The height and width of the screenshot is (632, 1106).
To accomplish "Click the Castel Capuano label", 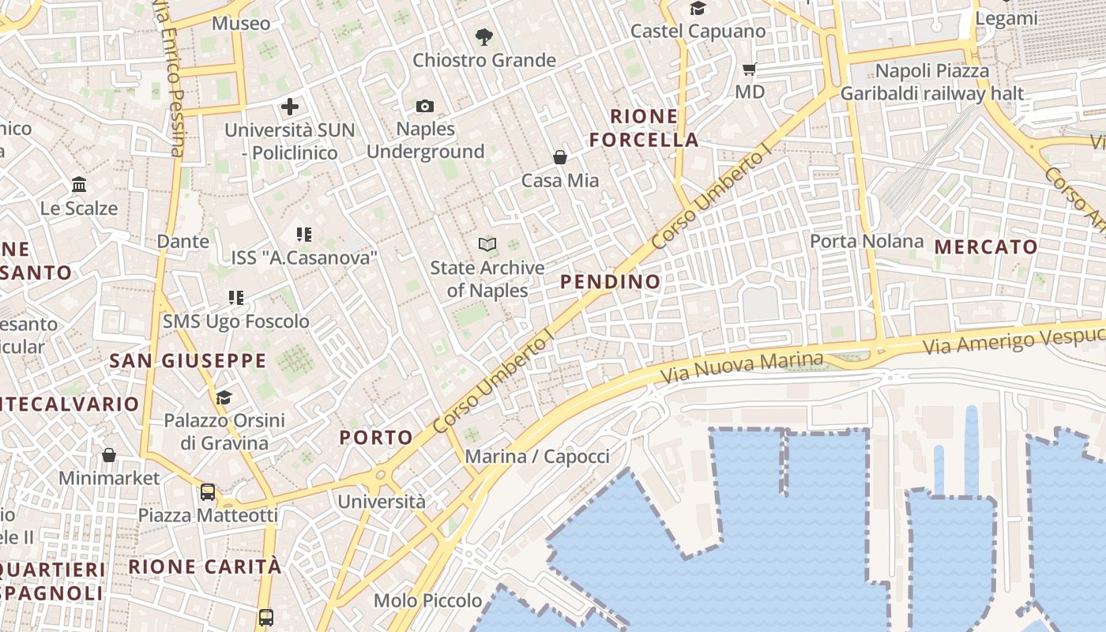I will click(698, 32).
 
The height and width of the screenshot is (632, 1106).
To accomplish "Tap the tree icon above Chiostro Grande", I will click(483, 36).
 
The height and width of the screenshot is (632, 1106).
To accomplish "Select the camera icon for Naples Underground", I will click(425, 106).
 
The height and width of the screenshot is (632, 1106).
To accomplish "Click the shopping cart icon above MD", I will click(750, 69).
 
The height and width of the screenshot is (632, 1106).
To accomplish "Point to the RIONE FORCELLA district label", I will click(644, 129).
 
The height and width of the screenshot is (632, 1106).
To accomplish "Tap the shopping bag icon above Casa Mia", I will click(560, 157).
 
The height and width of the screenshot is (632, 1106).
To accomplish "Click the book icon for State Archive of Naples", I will click(487, 245).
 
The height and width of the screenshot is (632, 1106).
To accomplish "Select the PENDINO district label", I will click(610, 281).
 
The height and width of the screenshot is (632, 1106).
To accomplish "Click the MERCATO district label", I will click(986, 247).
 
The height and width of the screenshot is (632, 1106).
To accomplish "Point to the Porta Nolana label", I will click(867, 241).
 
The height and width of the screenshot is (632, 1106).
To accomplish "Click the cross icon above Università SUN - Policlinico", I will click(290, 106).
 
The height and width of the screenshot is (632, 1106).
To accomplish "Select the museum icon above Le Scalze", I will click(79, 185).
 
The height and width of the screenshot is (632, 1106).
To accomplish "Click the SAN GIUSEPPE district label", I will click(188, 361).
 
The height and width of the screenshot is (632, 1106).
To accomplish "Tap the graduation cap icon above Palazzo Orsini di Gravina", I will click(224, 397).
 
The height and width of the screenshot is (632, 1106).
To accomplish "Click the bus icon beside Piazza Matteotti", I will click(208, 492).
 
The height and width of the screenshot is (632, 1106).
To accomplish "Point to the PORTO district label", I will click(376, 438).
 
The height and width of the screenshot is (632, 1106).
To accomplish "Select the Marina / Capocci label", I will click(537, 457).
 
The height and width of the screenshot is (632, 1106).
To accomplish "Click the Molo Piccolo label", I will click(427, 600).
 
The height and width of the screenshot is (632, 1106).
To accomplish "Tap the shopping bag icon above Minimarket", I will click(109, 455).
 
